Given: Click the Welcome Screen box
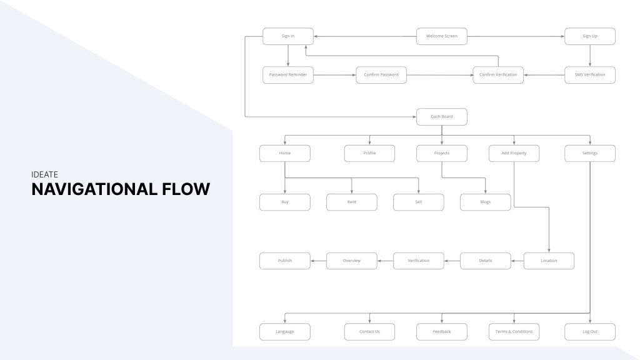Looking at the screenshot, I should (442, 36).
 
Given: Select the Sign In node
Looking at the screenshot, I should (287, 36).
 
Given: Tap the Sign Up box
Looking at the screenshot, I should (590, 36).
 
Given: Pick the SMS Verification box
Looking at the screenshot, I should (590, 75).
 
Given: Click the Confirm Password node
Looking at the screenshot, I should (381, 75).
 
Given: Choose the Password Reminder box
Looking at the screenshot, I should (287, 75).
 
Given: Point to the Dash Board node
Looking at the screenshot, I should (442, 117).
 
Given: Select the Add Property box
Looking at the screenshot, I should (514, 153).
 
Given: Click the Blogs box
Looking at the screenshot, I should (486, 202).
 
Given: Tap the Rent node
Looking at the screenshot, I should (352, 202).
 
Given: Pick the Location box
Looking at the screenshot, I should (549, 261).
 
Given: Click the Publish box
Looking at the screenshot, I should (285, 261).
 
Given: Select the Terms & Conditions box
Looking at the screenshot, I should (514, 332).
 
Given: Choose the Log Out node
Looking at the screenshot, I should (590, 332).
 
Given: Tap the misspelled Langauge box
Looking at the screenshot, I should (285, 332).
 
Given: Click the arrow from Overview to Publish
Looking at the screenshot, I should (319, 261).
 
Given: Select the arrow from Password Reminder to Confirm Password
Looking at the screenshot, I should (334, 75).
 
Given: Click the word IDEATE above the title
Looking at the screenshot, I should (44, 175).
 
